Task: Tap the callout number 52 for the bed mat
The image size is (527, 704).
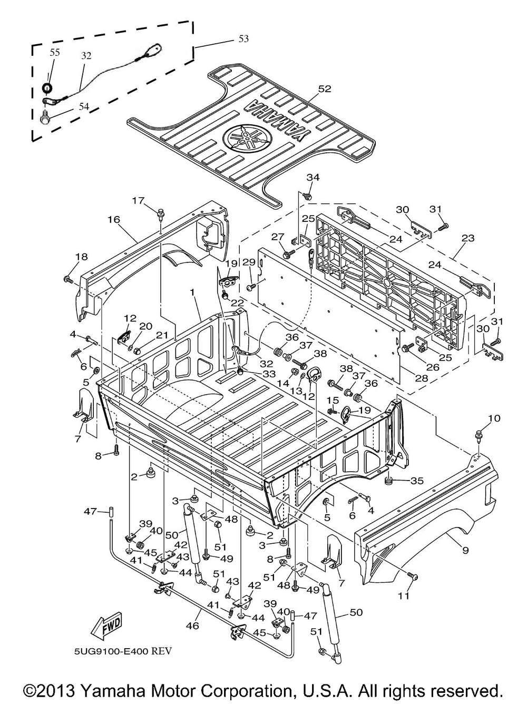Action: click(x=324, y=89)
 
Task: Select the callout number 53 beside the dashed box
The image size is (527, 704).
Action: click(x=243, y=38)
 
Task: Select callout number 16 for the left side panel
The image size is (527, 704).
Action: click(x=114, y=220)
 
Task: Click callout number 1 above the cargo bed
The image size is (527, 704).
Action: click(x=192, y=292)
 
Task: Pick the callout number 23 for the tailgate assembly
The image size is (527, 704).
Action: click(x=468, y=238)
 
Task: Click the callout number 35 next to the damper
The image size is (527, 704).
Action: click(x=417, y=490)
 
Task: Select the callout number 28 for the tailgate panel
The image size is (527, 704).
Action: click(x=422, y=378)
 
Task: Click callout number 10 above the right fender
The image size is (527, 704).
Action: click(x=494, y=418)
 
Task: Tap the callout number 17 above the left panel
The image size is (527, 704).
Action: click(x=138, y=201)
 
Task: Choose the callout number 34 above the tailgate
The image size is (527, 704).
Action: click(x=313, y=177)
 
